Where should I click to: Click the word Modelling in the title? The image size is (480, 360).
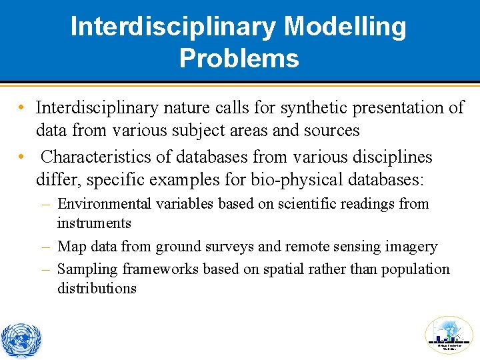[x=345, y=27]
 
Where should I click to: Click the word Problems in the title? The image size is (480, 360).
[x=239, y=58]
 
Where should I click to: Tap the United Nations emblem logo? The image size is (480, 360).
[x=21, y=340]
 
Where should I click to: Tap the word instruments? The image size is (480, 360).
[x=94, y=223]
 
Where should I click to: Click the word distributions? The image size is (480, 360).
[x=97, y=289]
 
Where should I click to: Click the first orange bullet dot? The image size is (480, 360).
[x=22, y=108]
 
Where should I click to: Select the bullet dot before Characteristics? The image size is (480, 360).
[x=22, y=158]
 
